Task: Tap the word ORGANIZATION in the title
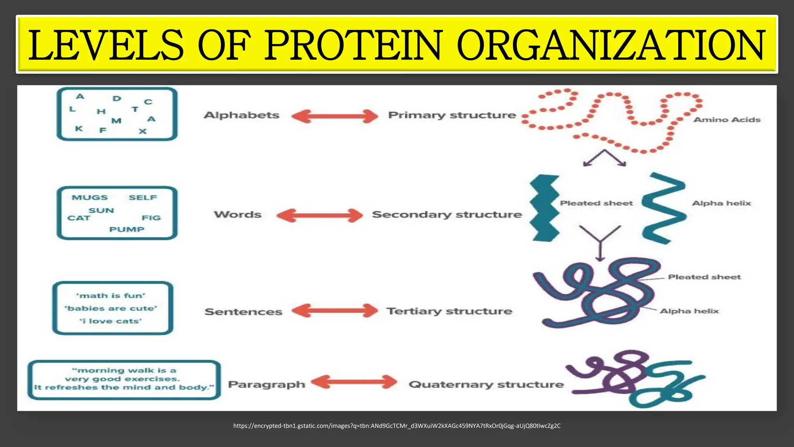(x=611, y=45)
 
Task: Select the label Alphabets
(x=242, y=115)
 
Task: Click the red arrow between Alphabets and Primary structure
(x=335, y=116)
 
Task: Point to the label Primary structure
(x=452, y=115)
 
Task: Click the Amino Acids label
(x=727, y=120)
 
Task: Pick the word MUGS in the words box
(x=90, y=198)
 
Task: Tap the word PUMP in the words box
(x=127, y=229)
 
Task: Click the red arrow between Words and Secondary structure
(x=319, y=215)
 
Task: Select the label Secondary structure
(x=447, y=215)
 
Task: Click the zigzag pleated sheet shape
(x=544, y=208)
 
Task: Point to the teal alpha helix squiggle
(x=663, y=208)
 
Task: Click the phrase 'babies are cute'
(x=111, y=308)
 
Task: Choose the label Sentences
(x=243, y=312)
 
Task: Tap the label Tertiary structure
(x=449, y=311)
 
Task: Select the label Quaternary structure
(x=486, y=385)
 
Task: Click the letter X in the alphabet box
(x=143, y=131)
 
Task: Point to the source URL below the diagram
(x=397, y=426)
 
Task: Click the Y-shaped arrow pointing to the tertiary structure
(x=600, y=243)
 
